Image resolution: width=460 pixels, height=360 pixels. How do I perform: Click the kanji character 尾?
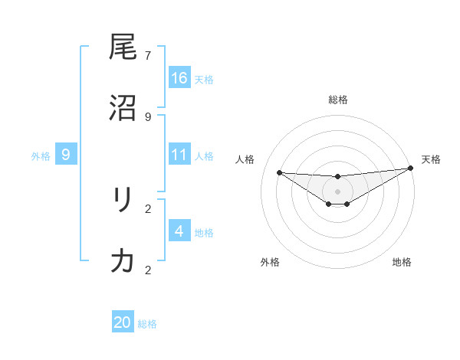pos(123,49)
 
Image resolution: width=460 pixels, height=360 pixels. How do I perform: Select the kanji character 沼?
pos(123,108)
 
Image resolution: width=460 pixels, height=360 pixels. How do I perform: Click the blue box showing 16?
pos(179,78)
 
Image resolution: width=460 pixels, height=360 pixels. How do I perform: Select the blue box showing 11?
pos(179,155)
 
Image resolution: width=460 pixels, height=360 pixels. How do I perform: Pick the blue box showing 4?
pos(179,231)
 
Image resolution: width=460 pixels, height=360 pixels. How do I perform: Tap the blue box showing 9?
pos(66,155)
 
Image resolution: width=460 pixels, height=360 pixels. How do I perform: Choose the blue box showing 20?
pos(123,322)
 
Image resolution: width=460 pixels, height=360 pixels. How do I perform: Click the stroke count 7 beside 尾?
pos(148,56)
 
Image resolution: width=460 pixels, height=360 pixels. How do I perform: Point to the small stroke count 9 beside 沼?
pos(148,116)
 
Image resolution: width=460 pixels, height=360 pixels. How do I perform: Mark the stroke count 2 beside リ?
pos(148,208)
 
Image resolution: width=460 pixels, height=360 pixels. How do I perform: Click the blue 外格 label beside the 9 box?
pos(41,156)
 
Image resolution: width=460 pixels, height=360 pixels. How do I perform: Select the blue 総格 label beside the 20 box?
pos(147,324)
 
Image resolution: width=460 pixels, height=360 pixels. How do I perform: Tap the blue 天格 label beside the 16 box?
pos(204,80)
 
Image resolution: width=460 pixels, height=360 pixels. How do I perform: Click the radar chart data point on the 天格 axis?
pos(410,169)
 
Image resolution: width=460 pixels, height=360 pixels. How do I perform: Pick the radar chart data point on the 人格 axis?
pos(279,172)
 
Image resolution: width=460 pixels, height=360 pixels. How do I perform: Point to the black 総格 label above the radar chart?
pos(338,100)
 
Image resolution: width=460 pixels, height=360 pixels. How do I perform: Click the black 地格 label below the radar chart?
pos(402,262)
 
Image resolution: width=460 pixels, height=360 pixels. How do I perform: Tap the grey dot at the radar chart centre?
pos(337,191)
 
